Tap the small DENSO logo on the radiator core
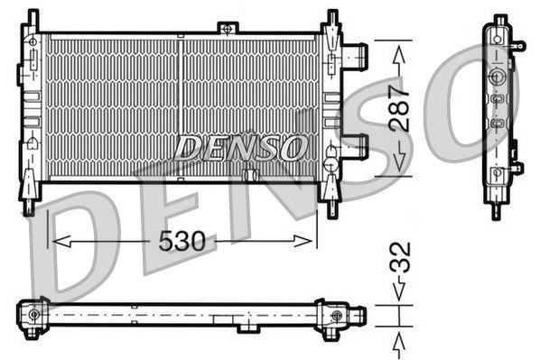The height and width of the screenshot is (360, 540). [240, 146]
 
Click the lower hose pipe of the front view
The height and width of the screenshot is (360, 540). [357, 145]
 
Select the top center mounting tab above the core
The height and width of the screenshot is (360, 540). [228, 29]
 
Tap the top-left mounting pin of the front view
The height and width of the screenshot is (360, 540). [33, 17]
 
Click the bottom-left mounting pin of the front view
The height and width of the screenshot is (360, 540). [30, 207]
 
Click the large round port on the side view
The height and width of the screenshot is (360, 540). [496, 77]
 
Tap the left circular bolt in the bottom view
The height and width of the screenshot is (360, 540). [34, 314]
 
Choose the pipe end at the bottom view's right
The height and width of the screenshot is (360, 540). [358, 315]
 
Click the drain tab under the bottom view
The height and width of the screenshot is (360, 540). [247, 328]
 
